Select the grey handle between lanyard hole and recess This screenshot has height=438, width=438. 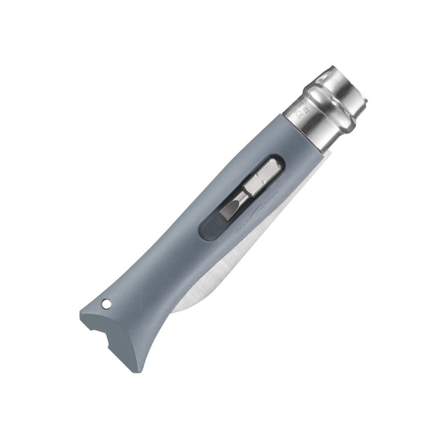(159, 263)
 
